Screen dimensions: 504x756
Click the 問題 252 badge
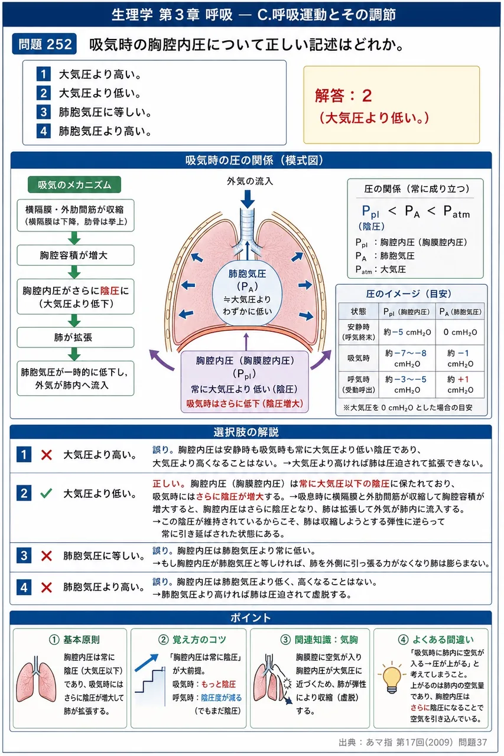coord(44,44)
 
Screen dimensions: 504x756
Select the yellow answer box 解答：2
coord(391,105)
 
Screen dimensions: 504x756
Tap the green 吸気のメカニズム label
coord(74,185)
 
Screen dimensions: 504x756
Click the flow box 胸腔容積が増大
coord(75,255)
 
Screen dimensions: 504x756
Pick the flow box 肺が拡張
coord(75,337)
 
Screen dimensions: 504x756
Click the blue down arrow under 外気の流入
coord(248,199)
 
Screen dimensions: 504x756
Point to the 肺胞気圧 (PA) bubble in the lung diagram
coord(247,292)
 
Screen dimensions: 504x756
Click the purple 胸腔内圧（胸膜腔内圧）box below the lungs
coord(245,382)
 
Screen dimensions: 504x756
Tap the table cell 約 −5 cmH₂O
coord(407,332)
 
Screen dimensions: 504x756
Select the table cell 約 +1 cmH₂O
coord(460,384)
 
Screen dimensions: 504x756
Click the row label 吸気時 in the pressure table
coord(359,358)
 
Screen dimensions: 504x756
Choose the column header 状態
coord(359,311)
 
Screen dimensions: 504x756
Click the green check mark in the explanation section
coord(46,493)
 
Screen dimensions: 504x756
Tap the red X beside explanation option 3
coord(46,556)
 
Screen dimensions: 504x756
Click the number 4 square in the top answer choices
coord(44,131)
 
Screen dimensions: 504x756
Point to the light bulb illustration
coord(392,677)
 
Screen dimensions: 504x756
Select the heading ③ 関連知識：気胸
coord(319,640)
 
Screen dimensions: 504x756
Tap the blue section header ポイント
coord(251,617)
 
